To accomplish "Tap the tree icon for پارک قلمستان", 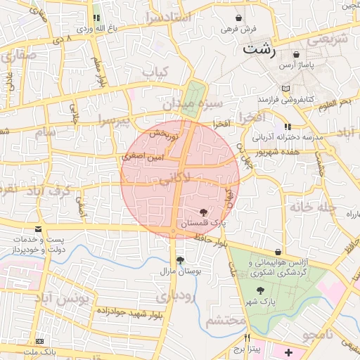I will [x=204, y=211].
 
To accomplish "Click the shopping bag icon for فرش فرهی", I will [x=240, y=18].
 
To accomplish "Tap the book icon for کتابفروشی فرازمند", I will [x=285, y=89].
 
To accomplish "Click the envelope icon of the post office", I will [x=37, y=229].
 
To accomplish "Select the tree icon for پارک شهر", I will [x=261, y=290].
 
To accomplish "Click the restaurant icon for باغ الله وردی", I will [x=96, y=18].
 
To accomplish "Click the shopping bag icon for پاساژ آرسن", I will [x=296, y=54].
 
